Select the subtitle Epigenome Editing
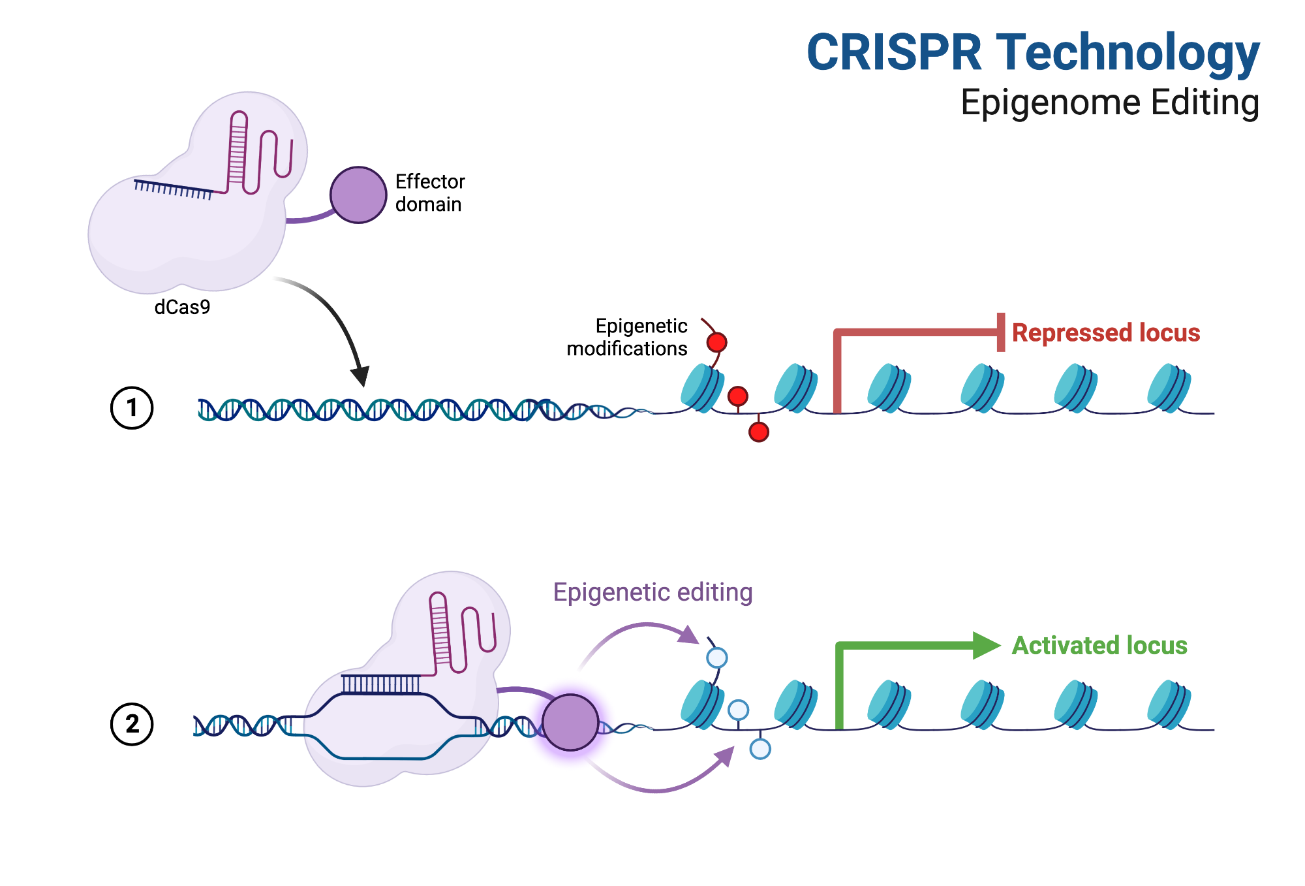(x=1110, y=103)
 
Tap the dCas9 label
(x=182, y=307)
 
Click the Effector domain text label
(x=430, y=193)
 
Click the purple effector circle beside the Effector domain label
(x=358, y=195)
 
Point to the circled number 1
(x=132, y=408)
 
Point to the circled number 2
(x=132, y=724)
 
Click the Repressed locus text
(x=1106, y=333)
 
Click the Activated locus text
(x=1099, y=646)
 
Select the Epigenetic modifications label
(x=627, y=337)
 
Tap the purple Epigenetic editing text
(x=652, y=592)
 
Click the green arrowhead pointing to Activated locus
(x=987, y=646)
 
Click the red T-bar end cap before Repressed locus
(x=1001, y=332)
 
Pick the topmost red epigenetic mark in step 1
(x=716, y=342)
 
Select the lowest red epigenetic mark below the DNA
(x=759, y=432)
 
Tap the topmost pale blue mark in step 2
(x=717, y=657)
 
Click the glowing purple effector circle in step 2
(x=570, y=722)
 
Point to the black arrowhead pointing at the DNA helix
(x=360, y=377)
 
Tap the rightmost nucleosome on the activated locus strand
(x=1169, y=704)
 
